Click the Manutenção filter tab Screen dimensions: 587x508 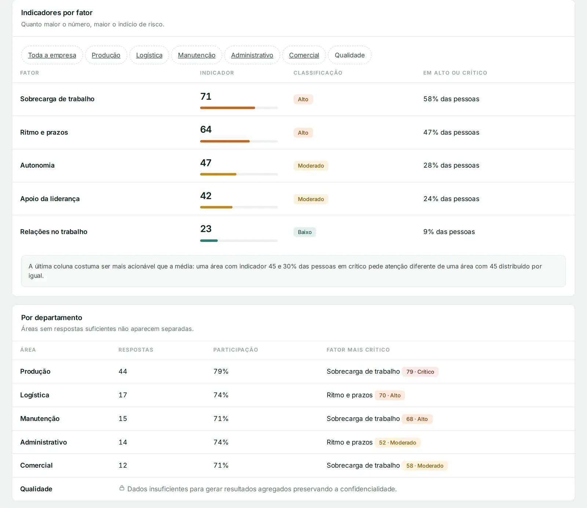[x=197, y=55]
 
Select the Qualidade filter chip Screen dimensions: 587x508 [x=350, y=55]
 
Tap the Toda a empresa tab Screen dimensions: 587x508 [x=52, y=55]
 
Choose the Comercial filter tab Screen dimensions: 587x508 [x=304, y=55]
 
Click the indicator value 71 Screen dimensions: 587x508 [x=206, y=97]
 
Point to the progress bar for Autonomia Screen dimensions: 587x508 [x=239, y=174]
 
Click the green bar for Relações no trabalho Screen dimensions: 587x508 [x=209, y=240]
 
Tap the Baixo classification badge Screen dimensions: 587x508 [x=305, y=232]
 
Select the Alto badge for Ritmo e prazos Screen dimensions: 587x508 [x=303, y=133]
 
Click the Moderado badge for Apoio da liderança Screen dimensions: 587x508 [x=311, y=199]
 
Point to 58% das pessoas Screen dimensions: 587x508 [x=451, y=99]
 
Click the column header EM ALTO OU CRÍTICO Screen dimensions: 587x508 [x=455, y=73]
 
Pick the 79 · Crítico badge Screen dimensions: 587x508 [x=420, y=372]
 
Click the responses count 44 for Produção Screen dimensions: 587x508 [x=123, y=371]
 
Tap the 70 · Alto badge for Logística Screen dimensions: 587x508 [x=390, y=395]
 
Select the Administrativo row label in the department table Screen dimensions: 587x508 [x=44, y=442]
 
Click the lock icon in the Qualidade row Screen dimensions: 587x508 [x=122, y=488]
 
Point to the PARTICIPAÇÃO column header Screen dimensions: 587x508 [x=236, y=350]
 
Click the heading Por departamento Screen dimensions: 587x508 [x=52, y=317]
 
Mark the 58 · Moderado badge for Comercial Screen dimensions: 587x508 [x=425, y=466]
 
